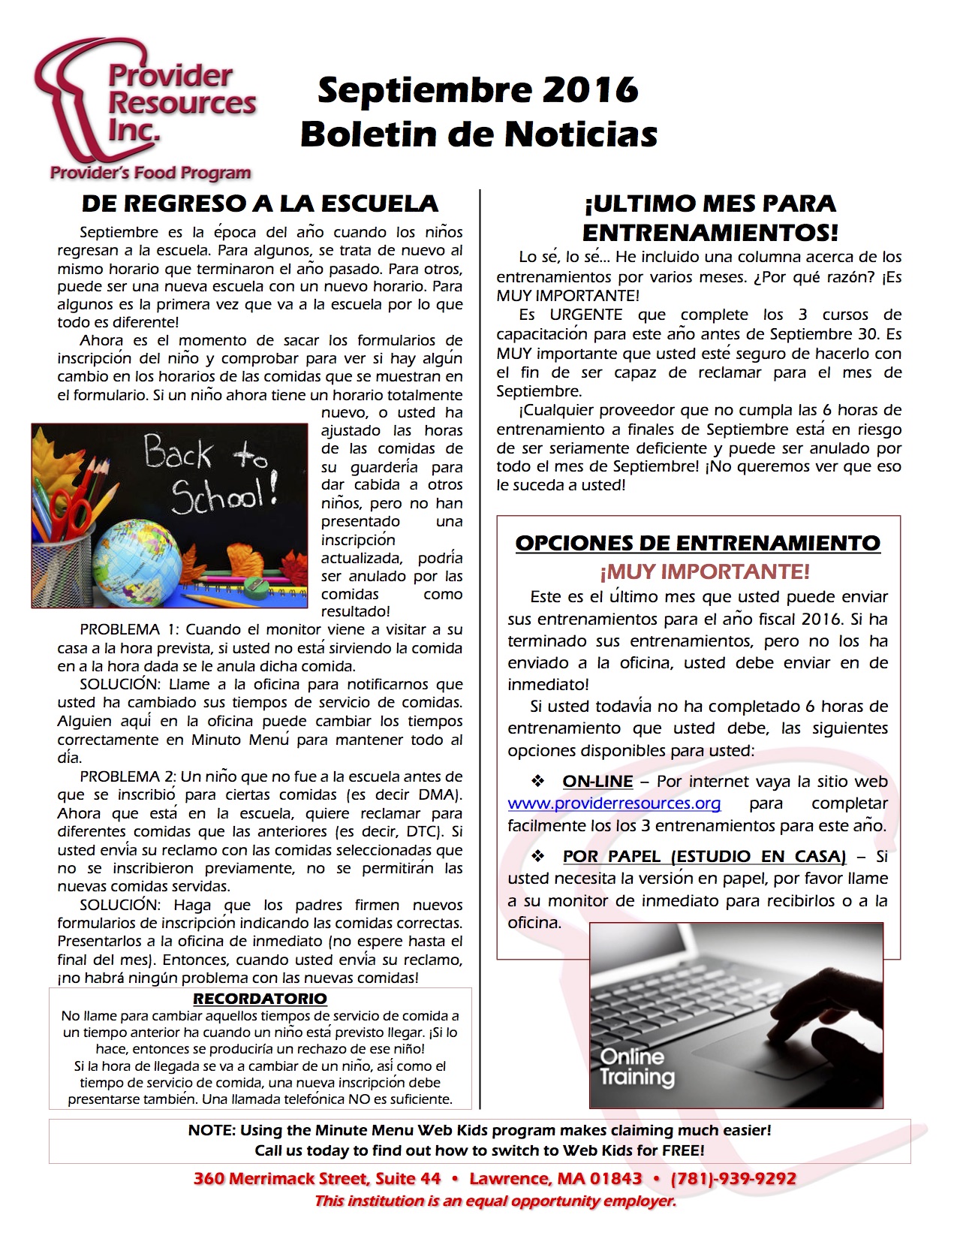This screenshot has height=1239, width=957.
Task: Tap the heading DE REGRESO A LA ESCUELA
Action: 260,203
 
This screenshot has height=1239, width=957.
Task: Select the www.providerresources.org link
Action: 614,803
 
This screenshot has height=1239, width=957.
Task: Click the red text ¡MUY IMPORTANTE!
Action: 704,572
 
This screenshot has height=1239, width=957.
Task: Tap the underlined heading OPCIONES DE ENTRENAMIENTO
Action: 697,543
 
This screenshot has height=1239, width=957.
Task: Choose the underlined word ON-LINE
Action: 597,782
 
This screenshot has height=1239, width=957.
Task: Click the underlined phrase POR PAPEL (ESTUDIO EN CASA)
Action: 704,857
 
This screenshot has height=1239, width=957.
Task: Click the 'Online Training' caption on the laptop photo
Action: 636,1067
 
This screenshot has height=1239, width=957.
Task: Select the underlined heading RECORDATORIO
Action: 260,999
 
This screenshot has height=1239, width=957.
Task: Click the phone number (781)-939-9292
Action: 733,1179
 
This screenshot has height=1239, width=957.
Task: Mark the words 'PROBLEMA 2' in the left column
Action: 128,777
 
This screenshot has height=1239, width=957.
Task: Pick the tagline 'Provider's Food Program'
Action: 150,173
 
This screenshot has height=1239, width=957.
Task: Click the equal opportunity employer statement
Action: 495,1201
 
